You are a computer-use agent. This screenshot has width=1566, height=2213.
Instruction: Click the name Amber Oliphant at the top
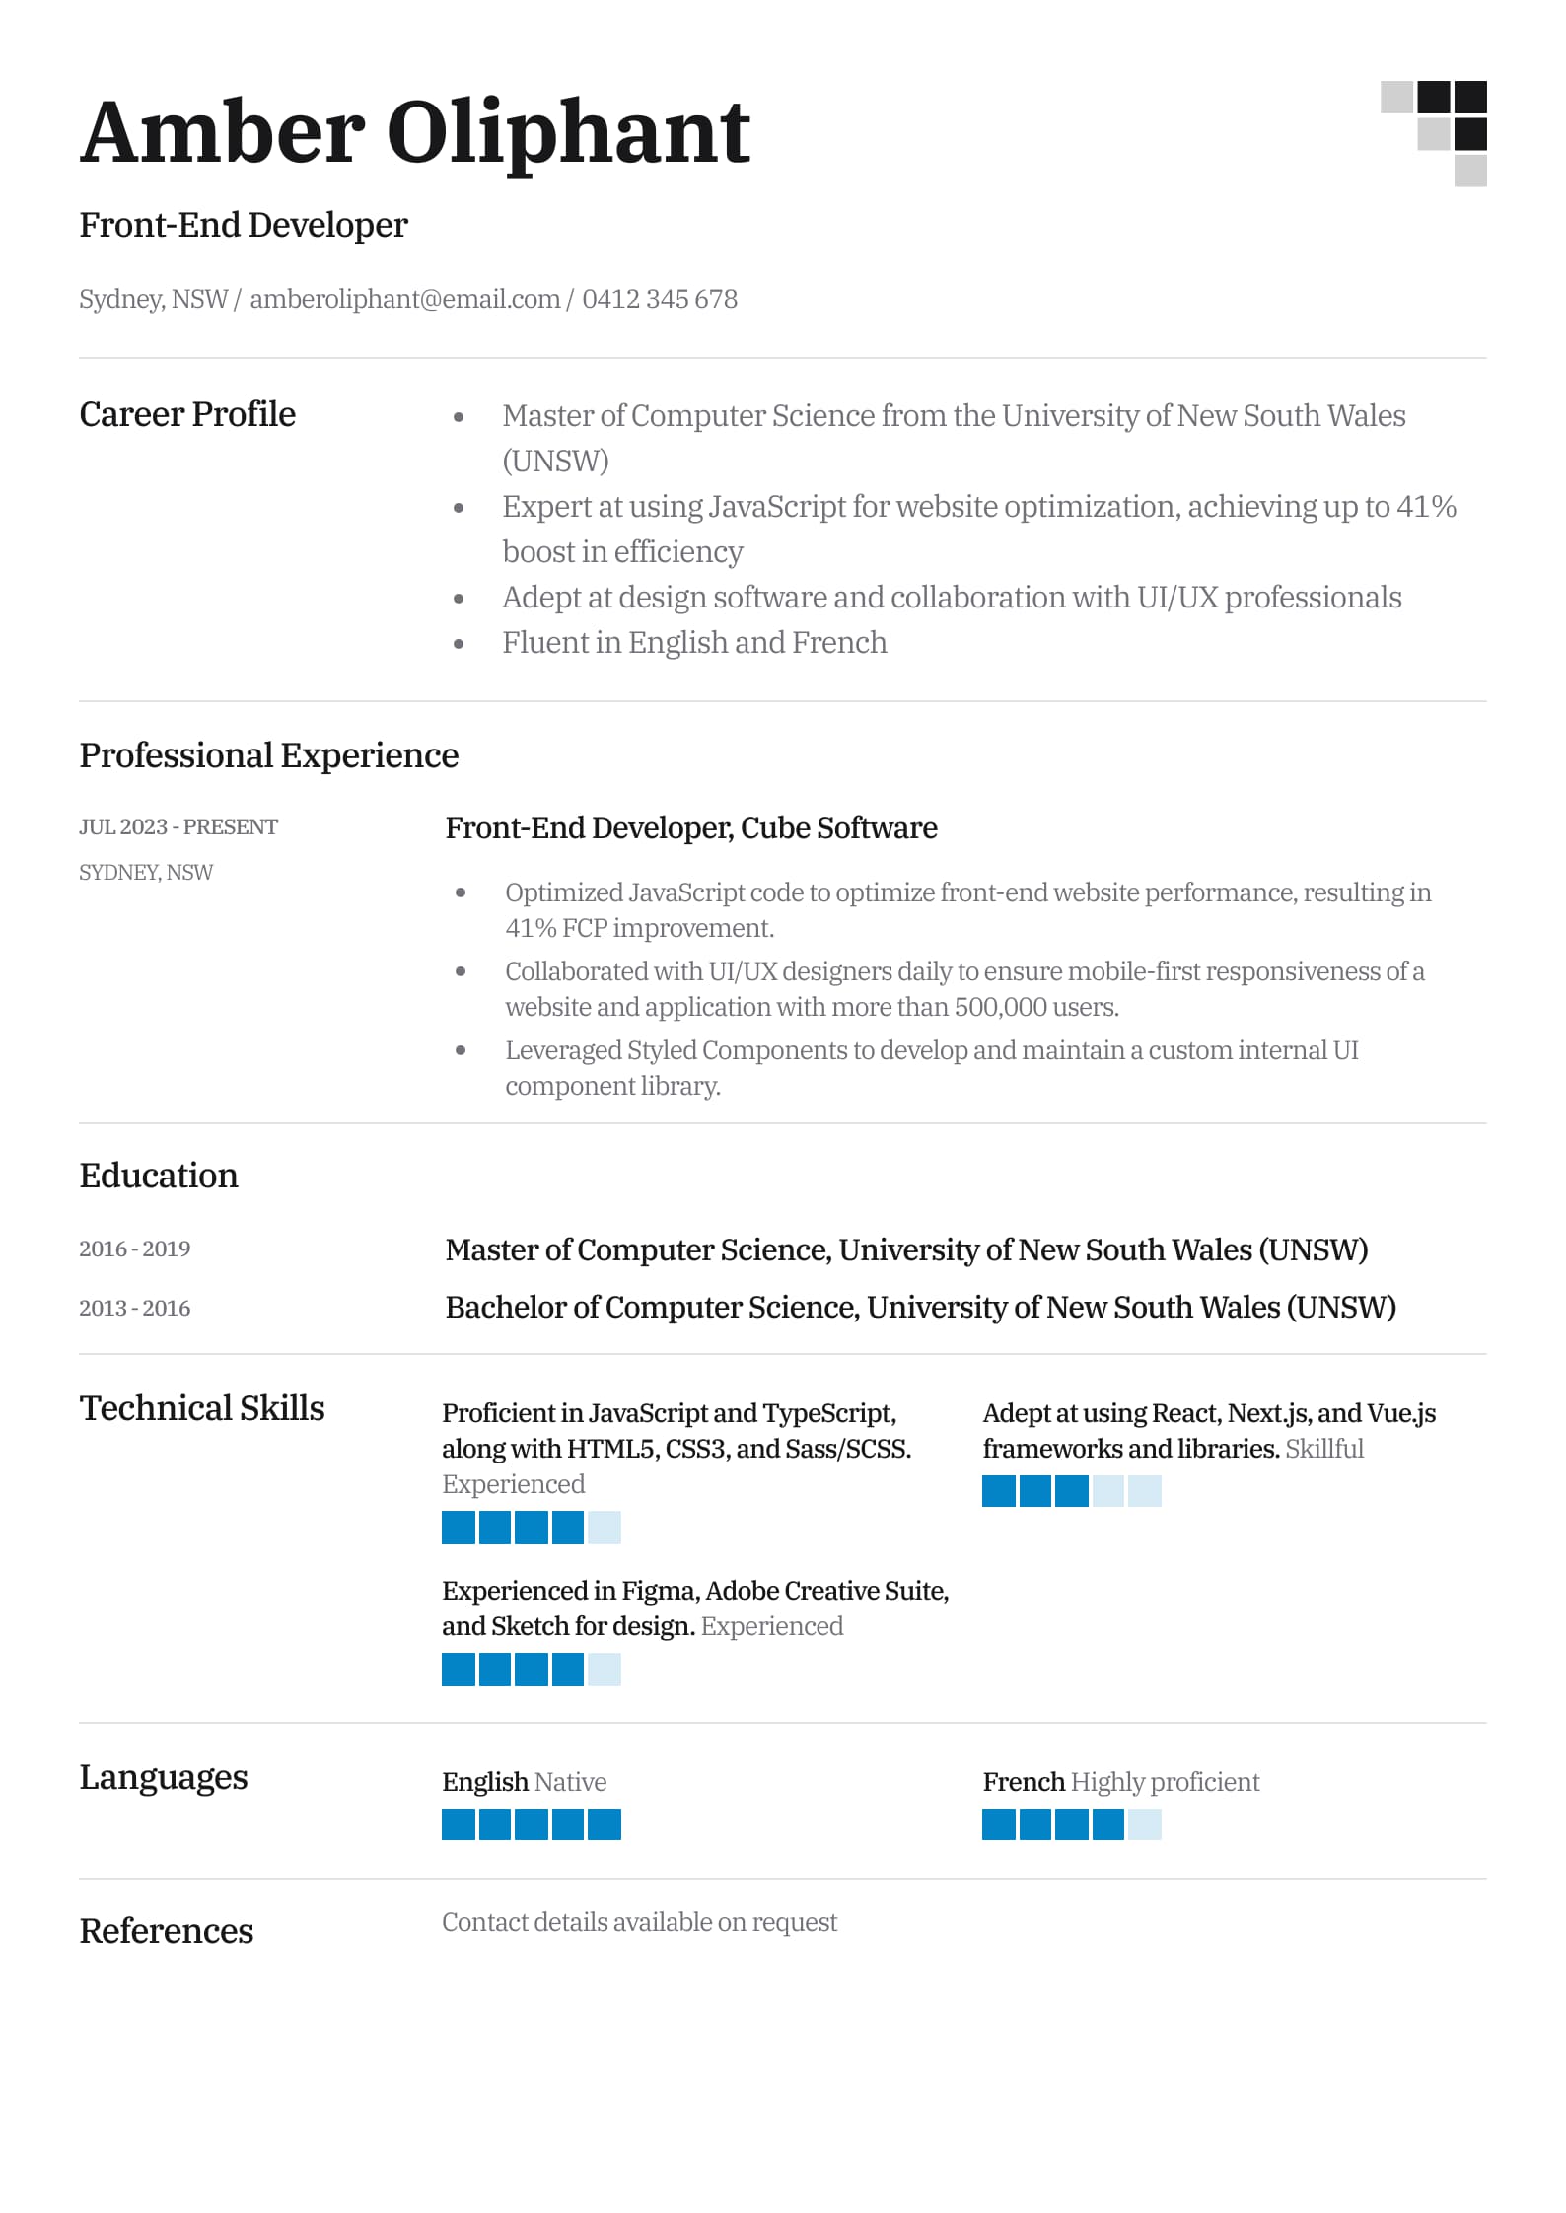pyautogui.click(x=414, y=133)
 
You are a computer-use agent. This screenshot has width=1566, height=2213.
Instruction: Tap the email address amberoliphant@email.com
pyautogui.click(x=404, y=299)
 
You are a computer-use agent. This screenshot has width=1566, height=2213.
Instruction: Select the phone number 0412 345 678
pyautogui.click(x=660, y=299)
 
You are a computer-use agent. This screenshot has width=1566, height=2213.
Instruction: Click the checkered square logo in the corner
pyautogui.click(x=1435, y=133)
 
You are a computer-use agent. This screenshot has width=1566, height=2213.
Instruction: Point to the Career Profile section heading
pyautogui.click(x=187, y=414)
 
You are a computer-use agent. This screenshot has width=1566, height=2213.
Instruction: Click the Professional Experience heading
pyautogui.click(x=268, y=755)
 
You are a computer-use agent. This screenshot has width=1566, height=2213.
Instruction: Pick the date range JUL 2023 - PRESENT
pyautogui.click(x=178, y=826)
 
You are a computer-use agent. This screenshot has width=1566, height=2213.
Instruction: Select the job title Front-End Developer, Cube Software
pyautogui.click(x=690, y=827)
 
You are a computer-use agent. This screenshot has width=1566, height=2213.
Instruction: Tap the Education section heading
pyautogui.click(x=159, y=1176)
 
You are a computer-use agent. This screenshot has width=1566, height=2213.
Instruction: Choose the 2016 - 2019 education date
pyautogui.click(x=134, y=1249)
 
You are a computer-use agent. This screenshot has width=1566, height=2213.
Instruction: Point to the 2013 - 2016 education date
pyautogui.click(x=134, y=1308)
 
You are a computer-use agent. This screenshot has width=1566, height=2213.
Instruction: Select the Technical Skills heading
pyautogui.click(x=202, y=1408)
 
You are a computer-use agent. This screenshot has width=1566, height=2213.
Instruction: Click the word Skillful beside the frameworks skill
pyautogui.click(x=1323, y=1449)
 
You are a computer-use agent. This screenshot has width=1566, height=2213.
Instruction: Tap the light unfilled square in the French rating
pyautogui.click(x=1144, y=1824)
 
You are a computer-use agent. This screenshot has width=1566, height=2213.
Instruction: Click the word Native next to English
pyautogui.click(x=570, y=1782)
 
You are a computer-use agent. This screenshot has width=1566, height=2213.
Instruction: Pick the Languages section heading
pyautogui.click(x=164, y=1777)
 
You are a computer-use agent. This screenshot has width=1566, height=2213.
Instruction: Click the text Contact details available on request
pyautogui.click(x=639, y=1922)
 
